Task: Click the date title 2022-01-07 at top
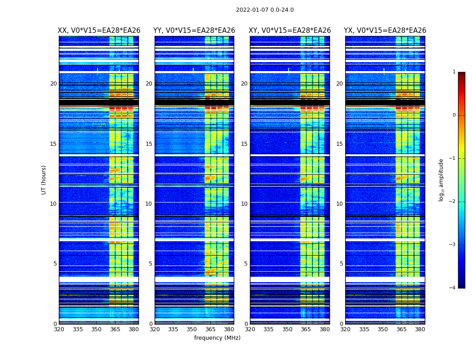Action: (x=265, y=10)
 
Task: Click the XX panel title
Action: (x=99, y=31)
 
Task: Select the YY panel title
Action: (x=194, y=31)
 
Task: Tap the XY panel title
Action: (x=290, y=31)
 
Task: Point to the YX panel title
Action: (x=385, y=31)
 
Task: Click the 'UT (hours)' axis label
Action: (x=44, y=180)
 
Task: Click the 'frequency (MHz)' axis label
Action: (x=217, y=338)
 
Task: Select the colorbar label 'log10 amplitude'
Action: (x=441, y=180)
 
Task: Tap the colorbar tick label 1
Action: (x=454, y=72)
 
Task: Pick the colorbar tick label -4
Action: (x=453, y=288)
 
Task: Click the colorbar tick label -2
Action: (x=453, y=202)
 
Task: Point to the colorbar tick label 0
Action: (x=454, y=115)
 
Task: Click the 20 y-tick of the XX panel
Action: (x=53, y=84)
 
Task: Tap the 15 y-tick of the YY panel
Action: (x=149, y=144)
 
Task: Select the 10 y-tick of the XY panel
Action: (x=244, y=204)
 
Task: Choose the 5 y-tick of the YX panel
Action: (x=341, y=264)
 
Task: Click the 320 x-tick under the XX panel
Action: (x=59, y=329)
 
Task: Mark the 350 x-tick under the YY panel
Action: (x=192, y=329)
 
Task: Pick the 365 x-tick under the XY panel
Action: (x=306, y=329)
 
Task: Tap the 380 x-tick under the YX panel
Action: (x=420, y=329)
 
